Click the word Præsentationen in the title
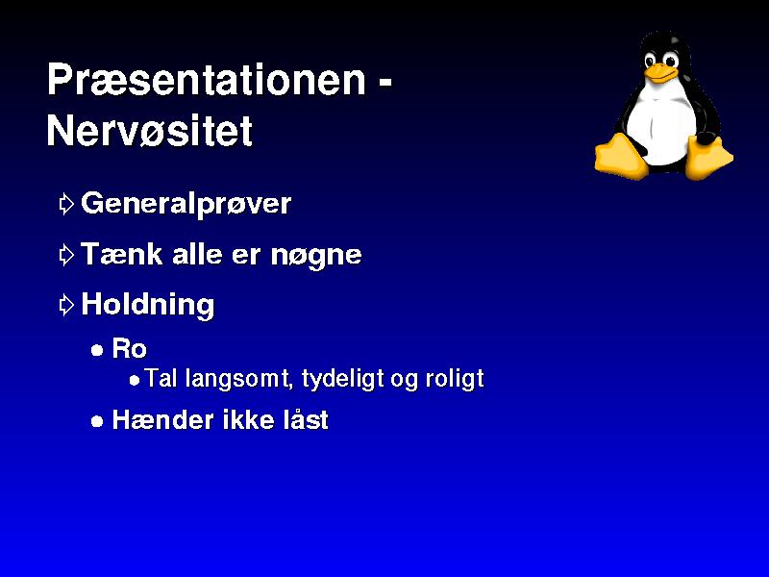[207, 80]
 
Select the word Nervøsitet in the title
[150, 131]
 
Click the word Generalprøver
[186, 204]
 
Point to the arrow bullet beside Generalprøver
[66, 204]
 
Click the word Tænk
[122, 254]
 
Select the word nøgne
[316, 256]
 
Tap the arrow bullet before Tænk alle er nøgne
[66, 255]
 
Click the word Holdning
[148, 305]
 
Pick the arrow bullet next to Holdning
[66, 305]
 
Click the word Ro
[130, 349]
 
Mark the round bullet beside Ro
[97, 350]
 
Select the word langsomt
[239, 380]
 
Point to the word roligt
[455, 380]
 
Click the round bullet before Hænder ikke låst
[97, 421]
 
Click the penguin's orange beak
[660, 73]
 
